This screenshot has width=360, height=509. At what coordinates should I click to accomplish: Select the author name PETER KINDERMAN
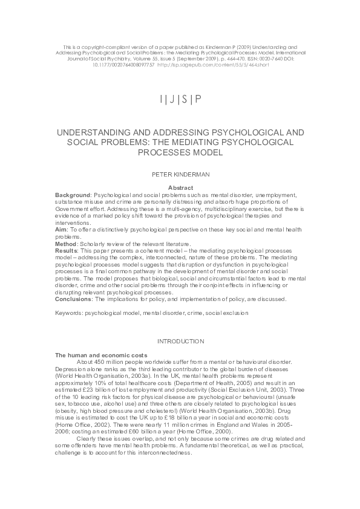[x=180, y=173]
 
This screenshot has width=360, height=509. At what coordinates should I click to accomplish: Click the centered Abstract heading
[x=180, y=188]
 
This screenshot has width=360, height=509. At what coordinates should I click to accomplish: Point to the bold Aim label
[x=61, y=230]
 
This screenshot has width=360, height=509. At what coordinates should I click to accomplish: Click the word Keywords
[x=68, y=313]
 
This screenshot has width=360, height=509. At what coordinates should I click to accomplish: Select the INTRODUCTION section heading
[x=180, y=342]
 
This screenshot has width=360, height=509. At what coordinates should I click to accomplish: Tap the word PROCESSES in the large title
[x=180, y=152]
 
